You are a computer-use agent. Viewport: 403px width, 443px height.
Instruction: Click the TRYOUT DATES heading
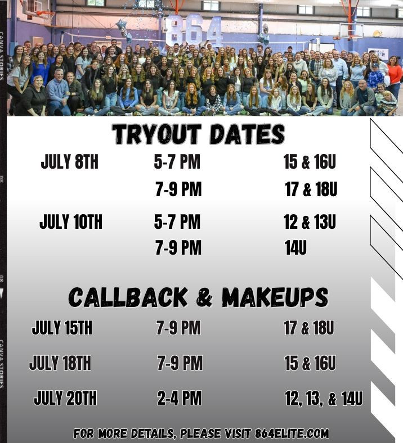point(199,134)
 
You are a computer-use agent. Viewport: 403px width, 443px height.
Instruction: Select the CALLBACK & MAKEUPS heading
point(198,297)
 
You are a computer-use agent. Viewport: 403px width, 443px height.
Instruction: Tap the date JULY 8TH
point(70,162)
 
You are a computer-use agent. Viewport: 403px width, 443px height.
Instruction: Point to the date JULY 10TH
point(71,222)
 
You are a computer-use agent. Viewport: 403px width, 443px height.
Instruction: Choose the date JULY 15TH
point(62,328)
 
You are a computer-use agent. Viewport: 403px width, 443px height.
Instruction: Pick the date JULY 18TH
point(60,363)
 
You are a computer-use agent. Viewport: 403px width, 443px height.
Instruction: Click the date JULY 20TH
point(65,398)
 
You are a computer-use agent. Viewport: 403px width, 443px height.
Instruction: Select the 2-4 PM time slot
point(180,398)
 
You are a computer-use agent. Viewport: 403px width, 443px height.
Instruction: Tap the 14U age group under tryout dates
point(296,248)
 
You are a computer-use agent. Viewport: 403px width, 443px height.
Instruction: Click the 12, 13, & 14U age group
point(324,399)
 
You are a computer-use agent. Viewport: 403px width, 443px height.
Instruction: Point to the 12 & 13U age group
point(310,222)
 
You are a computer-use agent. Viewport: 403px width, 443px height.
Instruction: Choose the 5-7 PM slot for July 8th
point(177,162)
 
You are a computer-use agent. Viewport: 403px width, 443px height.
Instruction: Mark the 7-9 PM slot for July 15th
point(179,328)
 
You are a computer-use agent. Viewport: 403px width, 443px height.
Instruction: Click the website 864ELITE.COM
point(292,433)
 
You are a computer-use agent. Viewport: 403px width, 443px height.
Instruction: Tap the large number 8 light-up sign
point(174,30)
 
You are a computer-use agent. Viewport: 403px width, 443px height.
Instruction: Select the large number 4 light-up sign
point(214,31)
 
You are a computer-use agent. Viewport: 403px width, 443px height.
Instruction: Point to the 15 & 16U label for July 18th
point(311,363)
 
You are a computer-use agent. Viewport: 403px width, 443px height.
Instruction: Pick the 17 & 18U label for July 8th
point(311,189)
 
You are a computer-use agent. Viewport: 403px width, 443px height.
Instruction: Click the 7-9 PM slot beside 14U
point(179,248)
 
